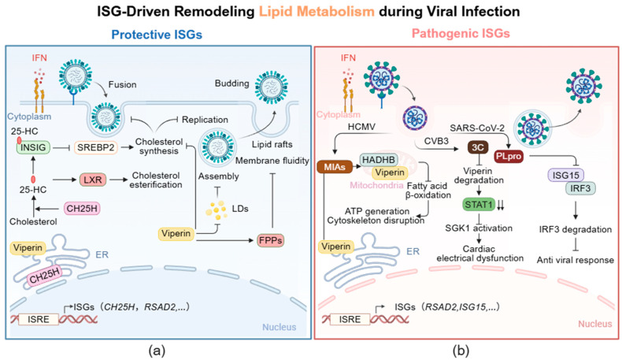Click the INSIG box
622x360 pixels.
pyautogui.click(x=33, y=147)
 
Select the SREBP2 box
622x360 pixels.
pyautogui.click(x=95, y=147)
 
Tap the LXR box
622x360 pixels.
pyautogui.click(x=92, y=180)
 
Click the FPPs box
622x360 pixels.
pyautogui.click(x=271, y=240)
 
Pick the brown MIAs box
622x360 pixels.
pyautogui.click(x=335, y=167)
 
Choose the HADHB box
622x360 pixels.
pyautogui.click(x=379, y=160)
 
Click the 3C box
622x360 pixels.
pyautogui.click(x=478, y=147)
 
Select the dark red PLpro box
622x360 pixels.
pyautogui.click(x=509, y=157)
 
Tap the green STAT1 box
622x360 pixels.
pyautogui.click(x=479, y=204)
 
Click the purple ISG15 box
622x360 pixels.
pyautogui.click(x=565, y=175)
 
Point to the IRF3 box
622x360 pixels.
pyautogui.click(x=580, y=188)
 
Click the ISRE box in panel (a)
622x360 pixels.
pyautogui.click(x=39, y=319)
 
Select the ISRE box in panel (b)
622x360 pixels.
pyautogui.click(x=350, y=319)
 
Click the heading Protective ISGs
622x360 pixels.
pyautogui.click(x=157, y=35)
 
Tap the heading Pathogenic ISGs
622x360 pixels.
pyautogui.click(x=461, y=33)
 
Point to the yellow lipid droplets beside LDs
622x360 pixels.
pyautogui.click(x=217, y=210)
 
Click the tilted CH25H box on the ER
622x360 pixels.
pyautogui.click(x=45, y=275)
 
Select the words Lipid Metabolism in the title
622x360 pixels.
pyautogui.click(x=317, y=12)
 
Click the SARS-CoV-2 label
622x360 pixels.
pyautogui.click(x=477, y=128)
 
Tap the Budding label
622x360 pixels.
pyautogui.click(x=232, y=84)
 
